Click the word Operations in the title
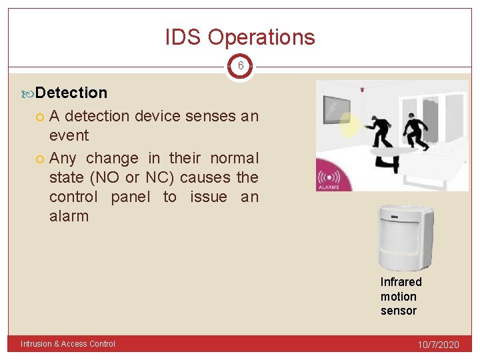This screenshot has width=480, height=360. pos(261,37)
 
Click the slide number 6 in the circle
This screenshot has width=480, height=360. pos(240,67)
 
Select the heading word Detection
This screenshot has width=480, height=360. pos(71,93)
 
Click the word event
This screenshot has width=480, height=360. pos(69,135)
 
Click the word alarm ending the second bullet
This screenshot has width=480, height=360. pos(69,216)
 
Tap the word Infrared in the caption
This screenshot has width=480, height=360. pos(401,282)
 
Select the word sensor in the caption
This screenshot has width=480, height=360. pos(398,311)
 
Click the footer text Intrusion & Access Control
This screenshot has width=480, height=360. pos(68,344)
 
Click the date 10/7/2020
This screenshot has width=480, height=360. pos(438,345)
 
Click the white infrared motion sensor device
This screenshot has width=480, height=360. pos(405,236)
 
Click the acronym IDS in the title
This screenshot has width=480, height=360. pos(184,37)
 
